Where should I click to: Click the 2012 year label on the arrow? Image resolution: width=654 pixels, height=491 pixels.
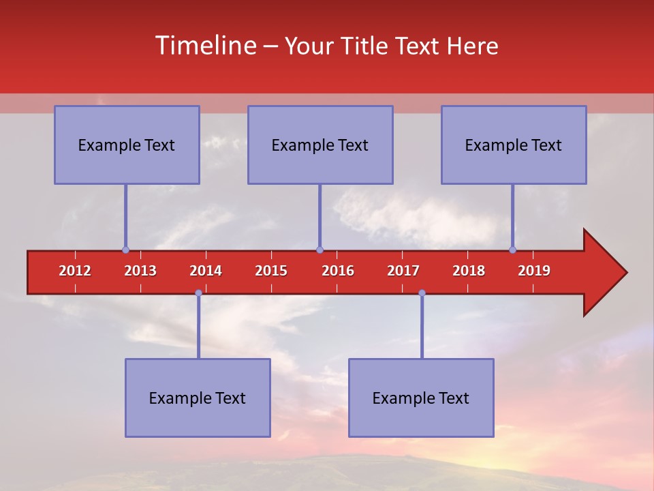[x=75, y=271]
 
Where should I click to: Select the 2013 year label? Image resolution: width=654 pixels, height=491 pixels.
[x=140, y=271]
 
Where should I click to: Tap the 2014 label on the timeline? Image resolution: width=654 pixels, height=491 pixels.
[x=206, y=271]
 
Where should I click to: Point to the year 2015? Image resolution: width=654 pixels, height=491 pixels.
[x=271, y=271]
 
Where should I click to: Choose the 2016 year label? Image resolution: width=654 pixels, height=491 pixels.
[x=338, y=271]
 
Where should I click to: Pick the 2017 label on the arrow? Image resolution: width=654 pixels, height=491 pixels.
[x=403, y=271]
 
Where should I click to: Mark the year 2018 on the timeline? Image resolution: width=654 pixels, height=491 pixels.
[x=469, y=271]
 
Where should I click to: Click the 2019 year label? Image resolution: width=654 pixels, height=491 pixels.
[x=534, y=271]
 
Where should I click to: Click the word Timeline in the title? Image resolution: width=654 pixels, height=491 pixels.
[x=206, y=46]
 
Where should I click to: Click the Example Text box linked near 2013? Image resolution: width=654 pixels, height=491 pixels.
[x=127, y=145]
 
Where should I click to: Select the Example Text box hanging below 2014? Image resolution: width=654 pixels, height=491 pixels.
[x=198, y=398]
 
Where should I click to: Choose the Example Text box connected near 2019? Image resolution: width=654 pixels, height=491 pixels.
[x=514, y=145]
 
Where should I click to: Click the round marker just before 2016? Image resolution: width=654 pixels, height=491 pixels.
[x=320, y=250]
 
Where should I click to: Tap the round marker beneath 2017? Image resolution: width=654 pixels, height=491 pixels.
[x=422, y=293]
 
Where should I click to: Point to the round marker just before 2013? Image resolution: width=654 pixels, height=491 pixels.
[x=125, y=250]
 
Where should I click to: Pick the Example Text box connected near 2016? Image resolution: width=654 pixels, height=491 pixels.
[x=320, y=145]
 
